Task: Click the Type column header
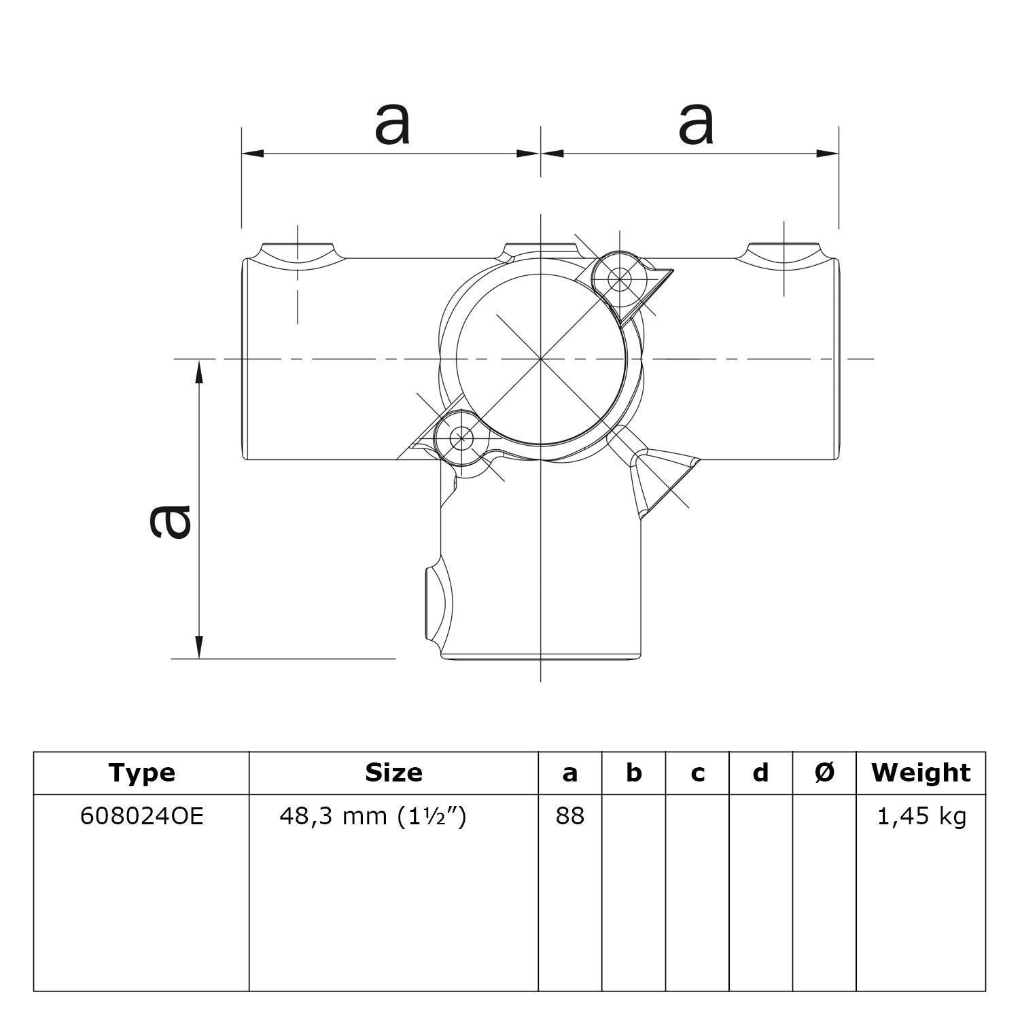click(x=141, y=773)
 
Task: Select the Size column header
click(x=393, y=773)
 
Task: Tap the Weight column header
click(x=921, y=773)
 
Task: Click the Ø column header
click(x=824, y=773)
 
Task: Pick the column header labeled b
click(x=633, y=773)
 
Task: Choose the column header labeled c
click(x=697, y=773)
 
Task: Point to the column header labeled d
click(x=761, y=773)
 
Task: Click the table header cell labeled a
click(x=569, y=773)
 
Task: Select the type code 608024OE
click(x=141, y=816)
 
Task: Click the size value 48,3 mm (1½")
click(x=373, y=816)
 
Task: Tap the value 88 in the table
click(x=569, y=816)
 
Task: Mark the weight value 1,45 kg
click(x=921, y=816)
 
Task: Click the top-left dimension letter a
click(x=392, y=124)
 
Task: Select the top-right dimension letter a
click(x=696, y=124)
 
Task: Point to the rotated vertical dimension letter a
click(x=170, y=522)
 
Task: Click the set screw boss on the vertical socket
click(x=435, y=599)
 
